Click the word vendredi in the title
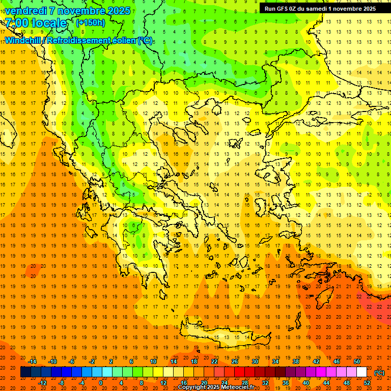point(26,10)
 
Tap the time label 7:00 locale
point(36,23)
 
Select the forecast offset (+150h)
point(90,22)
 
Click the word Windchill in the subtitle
point(25,40)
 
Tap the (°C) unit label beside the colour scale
point(379,373)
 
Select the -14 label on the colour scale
point(33,361)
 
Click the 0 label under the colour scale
point(101,383)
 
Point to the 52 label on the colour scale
point(367,383)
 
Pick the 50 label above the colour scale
point(356,361)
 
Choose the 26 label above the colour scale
point(235,361)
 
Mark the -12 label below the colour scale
point(43,383)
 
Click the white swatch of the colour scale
point(361,372)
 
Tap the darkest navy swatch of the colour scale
point(25,372)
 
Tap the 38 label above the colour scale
point(296,361)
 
